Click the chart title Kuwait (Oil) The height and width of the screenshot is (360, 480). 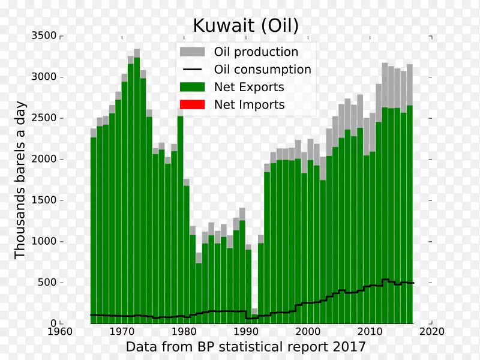tap(245, 25)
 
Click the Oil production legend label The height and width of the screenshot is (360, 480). tap(256, 52)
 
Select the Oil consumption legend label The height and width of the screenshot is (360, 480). tap(262, 70)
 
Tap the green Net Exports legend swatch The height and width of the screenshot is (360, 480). tap(192, 87)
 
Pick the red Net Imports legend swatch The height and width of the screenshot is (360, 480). tap(192, 104)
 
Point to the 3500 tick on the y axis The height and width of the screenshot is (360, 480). tap(45, 36)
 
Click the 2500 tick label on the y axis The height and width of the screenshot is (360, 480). tap(45, 118)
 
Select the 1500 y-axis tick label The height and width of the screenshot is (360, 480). tap(45, 200)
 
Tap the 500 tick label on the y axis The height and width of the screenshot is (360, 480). tap(48, 283)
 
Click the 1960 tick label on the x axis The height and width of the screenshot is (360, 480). tap(60, 331)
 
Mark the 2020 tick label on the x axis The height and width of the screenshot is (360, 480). tap(431, 331)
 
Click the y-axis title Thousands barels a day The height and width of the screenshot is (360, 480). tap(20, 180)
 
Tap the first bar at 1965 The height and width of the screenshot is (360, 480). tap(94, 228)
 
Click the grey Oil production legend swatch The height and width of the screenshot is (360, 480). tap(192, 52)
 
